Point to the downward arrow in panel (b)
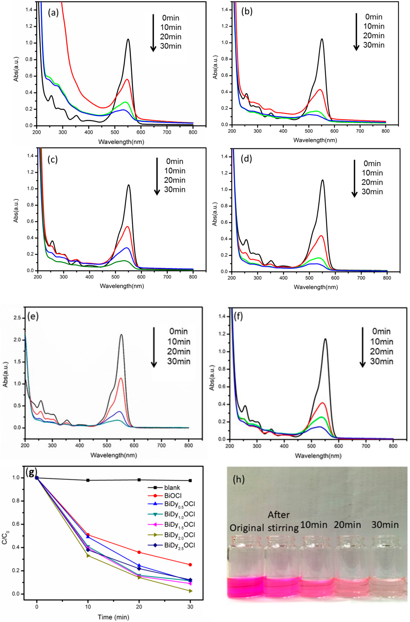[x=356, y=31]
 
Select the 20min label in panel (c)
[x=175, y=180]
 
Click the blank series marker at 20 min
[x=139, y=480]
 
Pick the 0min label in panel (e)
[x=178, y=331]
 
